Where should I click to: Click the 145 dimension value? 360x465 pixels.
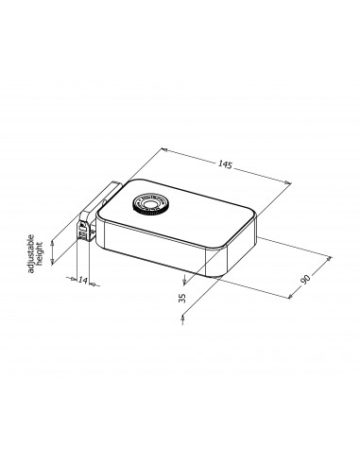point(225,164)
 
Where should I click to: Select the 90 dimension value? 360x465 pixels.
point(305,279)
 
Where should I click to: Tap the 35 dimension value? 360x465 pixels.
point(182,298)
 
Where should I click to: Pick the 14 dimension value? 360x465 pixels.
point(82,280)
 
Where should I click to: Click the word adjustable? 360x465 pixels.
point(31,253)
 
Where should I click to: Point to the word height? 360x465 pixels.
point(40,254)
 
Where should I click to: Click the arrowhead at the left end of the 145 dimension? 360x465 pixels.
point(164,149)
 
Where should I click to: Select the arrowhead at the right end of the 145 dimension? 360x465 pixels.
point(288,182)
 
